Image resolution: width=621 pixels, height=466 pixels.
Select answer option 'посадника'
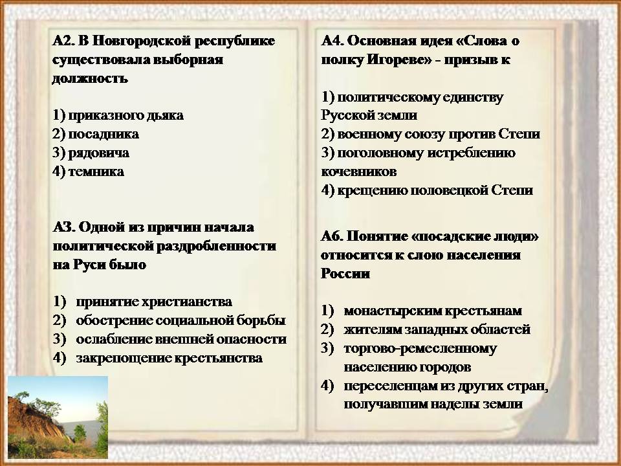point(103,135)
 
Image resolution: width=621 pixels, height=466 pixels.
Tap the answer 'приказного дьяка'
point(126,116)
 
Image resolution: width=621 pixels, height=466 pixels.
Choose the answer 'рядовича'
point(98,153)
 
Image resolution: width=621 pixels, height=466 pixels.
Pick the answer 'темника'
point(96,172)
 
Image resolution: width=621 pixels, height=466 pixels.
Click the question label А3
point(63,227)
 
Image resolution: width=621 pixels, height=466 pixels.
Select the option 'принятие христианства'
point(154,302)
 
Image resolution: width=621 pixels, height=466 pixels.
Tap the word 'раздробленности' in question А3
point(216,247)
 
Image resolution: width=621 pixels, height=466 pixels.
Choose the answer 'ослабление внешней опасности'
point(181,340)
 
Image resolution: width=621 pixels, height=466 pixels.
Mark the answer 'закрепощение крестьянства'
point(169,359)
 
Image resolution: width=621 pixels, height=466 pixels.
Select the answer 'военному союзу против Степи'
point(439,135)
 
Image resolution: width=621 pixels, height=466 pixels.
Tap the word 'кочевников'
point(359,172)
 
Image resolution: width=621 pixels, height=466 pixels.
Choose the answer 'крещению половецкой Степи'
point(435,190)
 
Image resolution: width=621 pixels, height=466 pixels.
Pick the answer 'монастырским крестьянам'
point(433,311)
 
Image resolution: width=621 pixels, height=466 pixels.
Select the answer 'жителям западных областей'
point(437,329)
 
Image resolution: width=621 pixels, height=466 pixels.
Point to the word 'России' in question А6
point(345,274)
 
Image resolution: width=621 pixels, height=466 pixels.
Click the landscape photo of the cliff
point(58,417)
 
